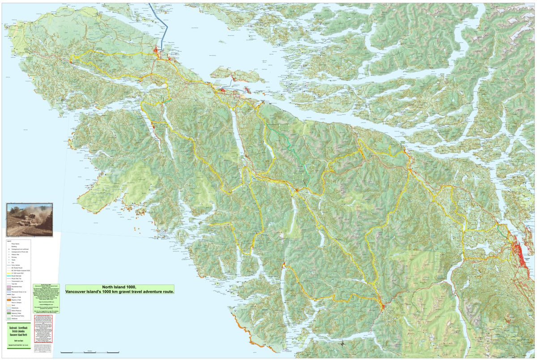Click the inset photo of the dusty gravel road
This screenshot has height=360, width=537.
coord(29,219)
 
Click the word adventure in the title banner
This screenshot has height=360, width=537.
coord(147,292)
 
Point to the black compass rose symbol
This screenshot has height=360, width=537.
coord(342,344)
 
